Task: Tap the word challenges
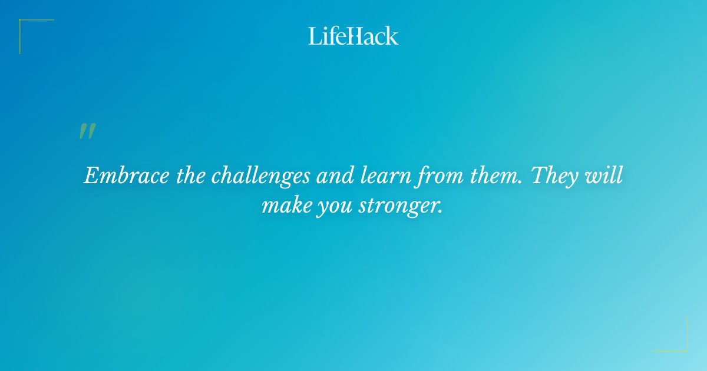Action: coord(262,176)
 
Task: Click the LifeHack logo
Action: coord(353,37)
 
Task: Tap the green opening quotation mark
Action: coord(87,132)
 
